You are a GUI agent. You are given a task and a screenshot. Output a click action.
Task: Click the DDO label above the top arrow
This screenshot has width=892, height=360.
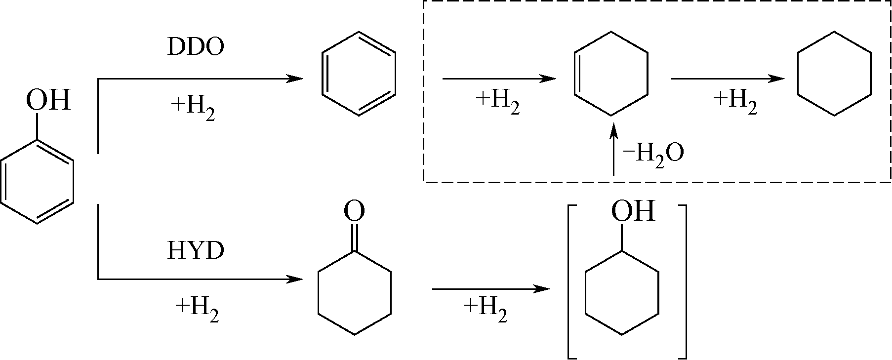pyautogui.click(x=196, y=47)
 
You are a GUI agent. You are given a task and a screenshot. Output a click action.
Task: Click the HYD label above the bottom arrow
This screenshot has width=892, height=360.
pyautogui.click(x=196, y=251)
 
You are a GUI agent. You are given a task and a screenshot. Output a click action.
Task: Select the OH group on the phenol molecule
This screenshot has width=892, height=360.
pyautogui.click(x=48, y=100)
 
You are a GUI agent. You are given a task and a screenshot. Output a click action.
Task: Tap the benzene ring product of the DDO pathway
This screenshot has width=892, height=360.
pyautogui.click(x=359, y=74)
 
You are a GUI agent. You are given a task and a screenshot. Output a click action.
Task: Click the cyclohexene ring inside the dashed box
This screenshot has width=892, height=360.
pyautogui.click(x=611, y=74)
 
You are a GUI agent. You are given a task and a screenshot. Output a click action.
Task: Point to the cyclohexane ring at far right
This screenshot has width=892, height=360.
pyautogui.click(x=834, y=74)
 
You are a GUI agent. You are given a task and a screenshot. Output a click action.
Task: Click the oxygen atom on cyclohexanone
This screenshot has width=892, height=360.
pyautogui.click(x=354, y=211)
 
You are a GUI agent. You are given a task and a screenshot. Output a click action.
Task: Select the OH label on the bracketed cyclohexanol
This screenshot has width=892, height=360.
pyautogui.click(x=633, y=211)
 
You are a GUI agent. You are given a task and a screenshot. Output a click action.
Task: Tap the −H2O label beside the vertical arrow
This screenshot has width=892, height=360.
pyautogui.click(x=653, y=154)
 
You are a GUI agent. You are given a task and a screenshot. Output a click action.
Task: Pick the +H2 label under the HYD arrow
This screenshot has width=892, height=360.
pyautogui.click(x=197, y=310)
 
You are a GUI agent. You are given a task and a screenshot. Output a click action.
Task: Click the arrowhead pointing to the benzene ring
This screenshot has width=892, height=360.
pyautogui.click(x=296, y=79)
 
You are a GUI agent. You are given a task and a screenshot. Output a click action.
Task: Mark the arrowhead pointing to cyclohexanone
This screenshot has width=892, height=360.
pyautogui.click(x=296, y=280)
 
